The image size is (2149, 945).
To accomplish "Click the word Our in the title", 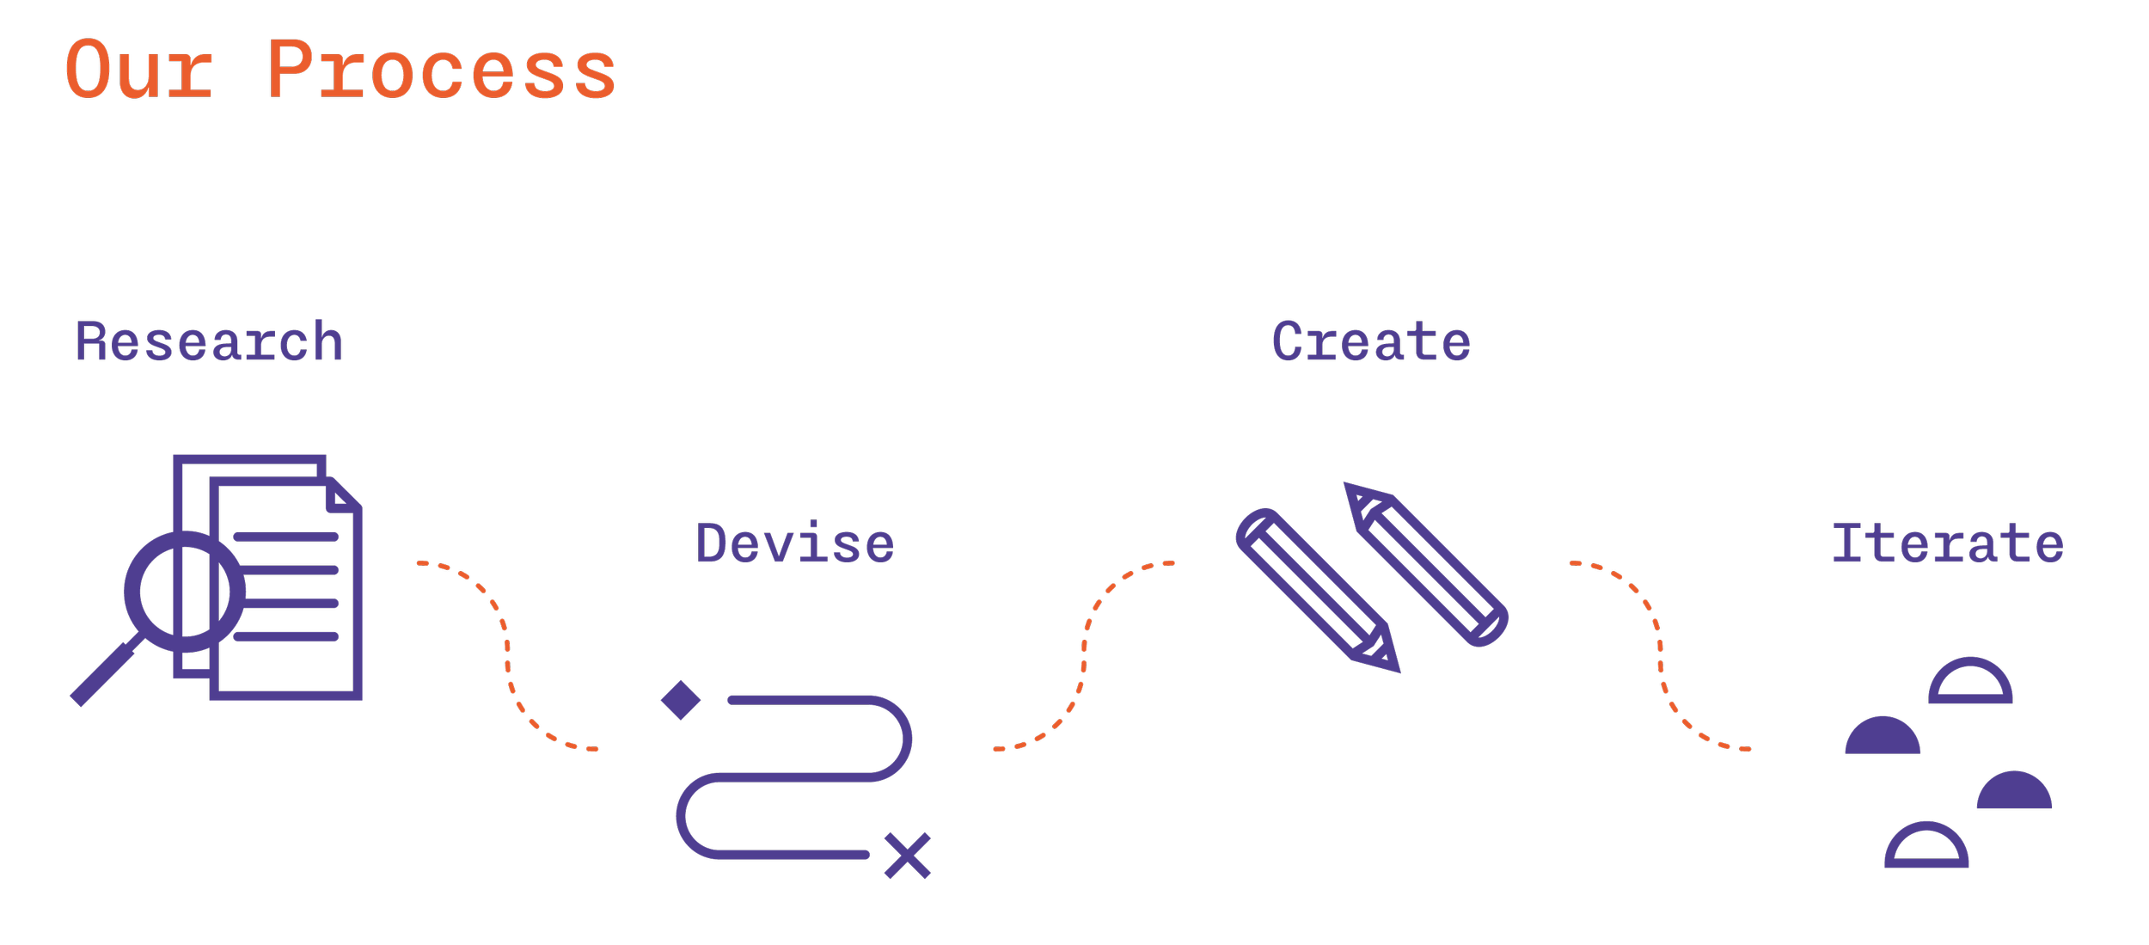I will pos(139,71).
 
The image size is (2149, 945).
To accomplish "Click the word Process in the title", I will pos(441,71).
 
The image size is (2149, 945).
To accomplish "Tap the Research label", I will pos(209,342).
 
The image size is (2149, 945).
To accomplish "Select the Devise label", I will pos(795,544).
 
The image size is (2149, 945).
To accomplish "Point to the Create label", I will pos(1371,342).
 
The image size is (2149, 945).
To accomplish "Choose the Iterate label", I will pos(1947,544).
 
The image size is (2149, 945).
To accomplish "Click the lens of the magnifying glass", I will pos(184,592).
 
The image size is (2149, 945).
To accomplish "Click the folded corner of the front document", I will pos(342,496).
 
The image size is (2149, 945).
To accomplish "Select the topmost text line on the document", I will pos(285,537).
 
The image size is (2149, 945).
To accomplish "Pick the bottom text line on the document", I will pos(285,636).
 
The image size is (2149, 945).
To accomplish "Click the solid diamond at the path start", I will pos(681,700).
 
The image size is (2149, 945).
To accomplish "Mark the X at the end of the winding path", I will pos(908,856).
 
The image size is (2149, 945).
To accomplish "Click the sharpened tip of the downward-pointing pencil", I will pos(1389,661).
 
